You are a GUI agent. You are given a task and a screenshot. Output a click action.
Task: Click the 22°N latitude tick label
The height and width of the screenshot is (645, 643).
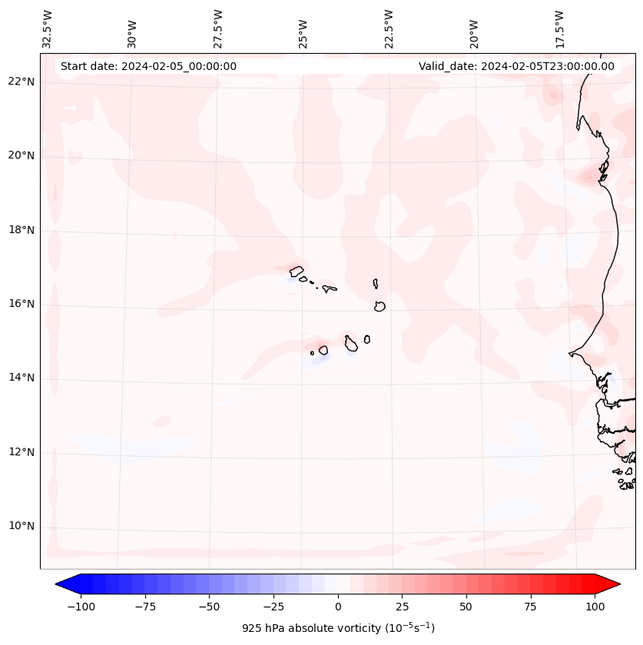22,82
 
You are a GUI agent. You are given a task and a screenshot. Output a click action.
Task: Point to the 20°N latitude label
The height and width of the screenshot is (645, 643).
22,156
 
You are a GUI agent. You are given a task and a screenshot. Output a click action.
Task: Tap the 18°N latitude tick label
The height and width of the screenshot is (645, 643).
22,230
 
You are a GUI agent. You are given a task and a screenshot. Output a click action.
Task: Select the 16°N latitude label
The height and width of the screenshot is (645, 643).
22,304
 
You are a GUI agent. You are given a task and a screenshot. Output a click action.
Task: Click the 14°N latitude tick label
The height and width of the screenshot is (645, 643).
22,377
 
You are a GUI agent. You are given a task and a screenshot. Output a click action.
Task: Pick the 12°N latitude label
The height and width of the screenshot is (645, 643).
22,452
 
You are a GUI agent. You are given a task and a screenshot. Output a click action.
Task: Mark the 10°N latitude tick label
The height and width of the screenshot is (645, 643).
22,527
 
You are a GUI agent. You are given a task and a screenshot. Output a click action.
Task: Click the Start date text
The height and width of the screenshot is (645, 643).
148,66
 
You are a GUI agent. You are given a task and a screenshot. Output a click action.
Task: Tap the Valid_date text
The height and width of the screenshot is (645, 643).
516,66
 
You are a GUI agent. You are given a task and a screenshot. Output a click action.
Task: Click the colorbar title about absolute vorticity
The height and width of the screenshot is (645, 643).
338,629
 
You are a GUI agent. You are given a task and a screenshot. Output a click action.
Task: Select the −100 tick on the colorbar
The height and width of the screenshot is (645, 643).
79,607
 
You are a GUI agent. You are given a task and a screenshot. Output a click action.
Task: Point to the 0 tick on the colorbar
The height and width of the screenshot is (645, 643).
338,607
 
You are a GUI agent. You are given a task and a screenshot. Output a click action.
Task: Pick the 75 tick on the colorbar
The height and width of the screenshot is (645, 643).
530,607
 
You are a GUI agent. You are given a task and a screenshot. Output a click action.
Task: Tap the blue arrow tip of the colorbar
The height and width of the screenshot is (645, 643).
62,584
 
